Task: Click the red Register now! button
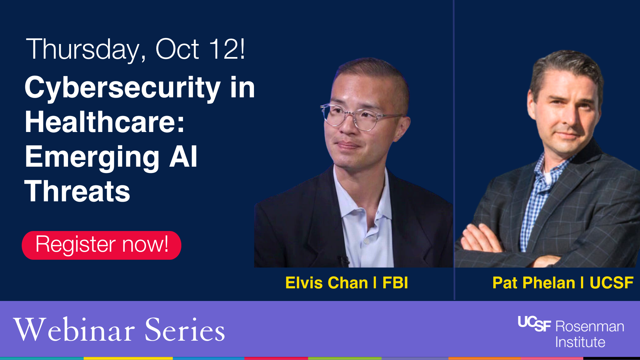point(101,245)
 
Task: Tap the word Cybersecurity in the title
point(122,88)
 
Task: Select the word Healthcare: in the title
point(105,122)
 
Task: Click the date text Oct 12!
point(200,49)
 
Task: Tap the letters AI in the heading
point(183,157)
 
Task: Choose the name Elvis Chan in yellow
point(326,283)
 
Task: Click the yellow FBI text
point(395,283)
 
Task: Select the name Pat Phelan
point(534,283)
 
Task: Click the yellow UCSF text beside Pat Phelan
point(611,283)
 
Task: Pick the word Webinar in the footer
point(74,330)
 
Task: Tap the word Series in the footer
point(185,330)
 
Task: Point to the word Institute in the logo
point(580,342)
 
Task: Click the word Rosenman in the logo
point(590,326)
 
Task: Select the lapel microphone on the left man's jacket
point(343,260)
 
